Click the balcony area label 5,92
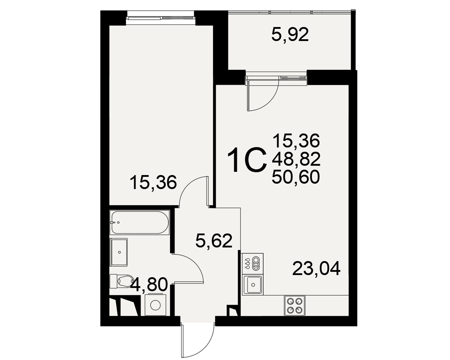[x=290, y=35]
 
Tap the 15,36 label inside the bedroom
[x=153, y=182]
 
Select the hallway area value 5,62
[x=213, y=241]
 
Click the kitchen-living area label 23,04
[x=316, y=268]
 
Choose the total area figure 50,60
[x=296, y=177]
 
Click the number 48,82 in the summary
[x=296, y=159]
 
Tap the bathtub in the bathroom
[x=140, y=222]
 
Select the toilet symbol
[x=122, y=280]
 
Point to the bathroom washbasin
[x=119, y=252]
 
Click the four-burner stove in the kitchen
[x=295, y=305]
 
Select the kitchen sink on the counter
[x=253, y=284]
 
